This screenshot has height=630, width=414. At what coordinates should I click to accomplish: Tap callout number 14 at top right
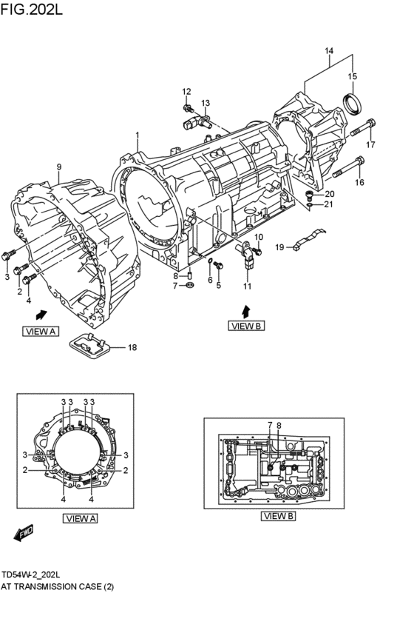330,50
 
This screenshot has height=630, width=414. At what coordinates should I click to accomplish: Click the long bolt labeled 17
362,134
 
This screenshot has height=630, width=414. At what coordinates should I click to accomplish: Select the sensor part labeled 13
197,118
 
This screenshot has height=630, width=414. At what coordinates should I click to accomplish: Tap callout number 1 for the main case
137,136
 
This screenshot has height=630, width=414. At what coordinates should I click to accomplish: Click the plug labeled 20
310,194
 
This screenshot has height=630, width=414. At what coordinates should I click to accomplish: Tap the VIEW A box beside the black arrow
40,331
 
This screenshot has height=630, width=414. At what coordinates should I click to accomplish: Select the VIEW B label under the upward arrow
246,325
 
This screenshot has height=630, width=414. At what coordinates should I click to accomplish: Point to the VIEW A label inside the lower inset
81,518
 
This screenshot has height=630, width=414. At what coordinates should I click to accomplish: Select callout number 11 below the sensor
248,286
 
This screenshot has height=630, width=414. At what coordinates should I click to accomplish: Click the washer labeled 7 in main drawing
189,285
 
